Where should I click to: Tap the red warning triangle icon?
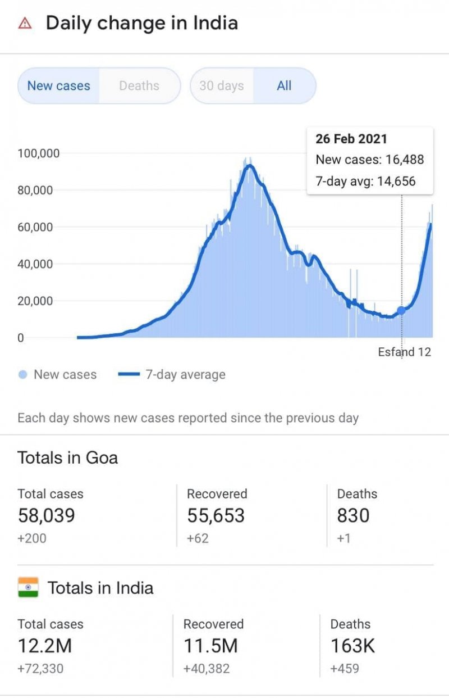[25, 23]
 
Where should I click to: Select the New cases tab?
[59, 86]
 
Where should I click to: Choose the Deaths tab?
[139, 86]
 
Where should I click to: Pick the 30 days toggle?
[222, 86]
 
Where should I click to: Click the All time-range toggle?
[285, 86]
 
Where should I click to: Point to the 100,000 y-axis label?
[39, 153]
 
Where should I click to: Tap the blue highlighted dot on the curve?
[401, 310]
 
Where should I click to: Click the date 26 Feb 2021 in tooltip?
[351, 139]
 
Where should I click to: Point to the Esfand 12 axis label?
[404, 352]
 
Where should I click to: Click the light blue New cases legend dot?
[23, 375]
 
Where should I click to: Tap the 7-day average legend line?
[129, 375]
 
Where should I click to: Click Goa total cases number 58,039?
[46, 515]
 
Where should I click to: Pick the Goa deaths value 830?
[353, 515]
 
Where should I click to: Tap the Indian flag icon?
[28, 587]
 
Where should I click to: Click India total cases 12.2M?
[45, 646]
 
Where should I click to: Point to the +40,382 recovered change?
[207, 669]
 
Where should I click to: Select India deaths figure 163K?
[352, 646]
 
